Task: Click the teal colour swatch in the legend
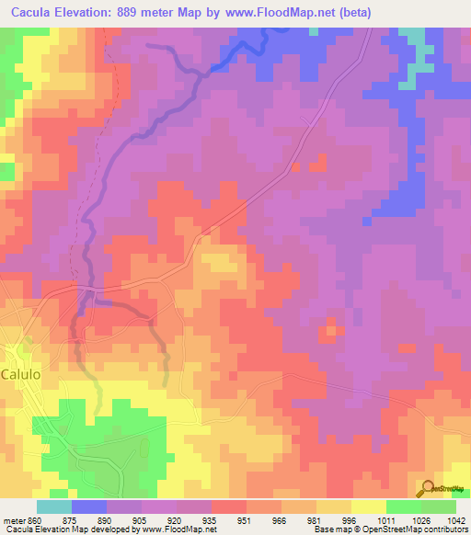[x=54, y=506]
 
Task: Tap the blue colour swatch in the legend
[x=89, y=506]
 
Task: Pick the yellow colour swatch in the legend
[x=369, y=506]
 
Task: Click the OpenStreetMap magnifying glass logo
[x=427, y=488]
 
